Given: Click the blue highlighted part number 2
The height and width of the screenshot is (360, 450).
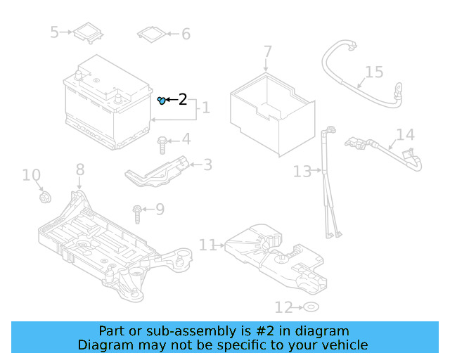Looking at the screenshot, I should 162,101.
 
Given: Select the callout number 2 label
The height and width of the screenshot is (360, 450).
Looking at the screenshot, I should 183,100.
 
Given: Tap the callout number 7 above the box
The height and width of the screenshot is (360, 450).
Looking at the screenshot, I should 267,52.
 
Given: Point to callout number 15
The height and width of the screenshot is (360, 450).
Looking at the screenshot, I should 374,72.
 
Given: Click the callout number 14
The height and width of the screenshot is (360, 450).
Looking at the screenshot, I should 405,135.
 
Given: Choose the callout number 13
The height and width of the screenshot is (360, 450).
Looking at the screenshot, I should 302,171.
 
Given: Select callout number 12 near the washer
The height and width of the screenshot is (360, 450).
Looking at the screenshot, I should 283,307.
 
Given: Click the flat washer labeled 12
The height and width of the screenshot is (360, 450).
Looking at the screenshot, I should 310,307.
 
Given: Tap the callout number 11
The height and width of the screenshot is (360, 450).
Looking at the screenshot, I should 207,245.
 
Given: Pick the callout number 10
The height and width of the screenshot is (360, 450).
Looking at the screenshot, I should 31,175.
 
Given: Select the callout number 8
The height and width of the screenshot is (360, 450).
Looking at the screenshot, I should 80,169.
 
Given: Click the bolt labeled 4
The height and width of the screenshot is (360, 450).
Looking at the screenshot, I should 162,144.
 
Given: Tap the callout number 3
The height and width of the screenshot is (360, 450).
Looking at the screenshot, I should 207,165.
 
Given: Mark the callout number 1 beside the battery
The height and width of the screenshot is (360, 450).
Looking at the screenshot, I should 205,108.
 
